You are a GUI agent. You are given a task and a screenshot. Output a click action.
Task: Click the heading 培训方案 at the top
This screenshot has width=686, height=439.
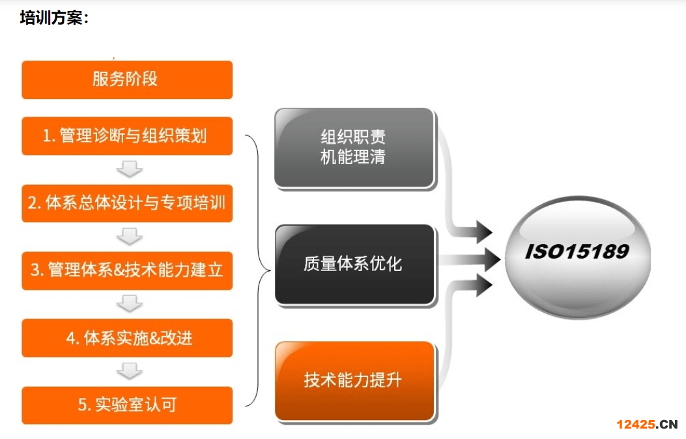coord(54,18)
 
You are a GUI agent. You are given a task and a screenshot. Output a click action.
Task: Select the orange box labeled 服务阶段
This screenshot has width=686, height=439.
coord(127,79)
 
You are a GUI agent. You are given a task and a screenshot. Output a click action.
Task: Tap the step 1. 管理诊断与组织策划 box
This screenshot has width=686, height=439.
coord(127,135)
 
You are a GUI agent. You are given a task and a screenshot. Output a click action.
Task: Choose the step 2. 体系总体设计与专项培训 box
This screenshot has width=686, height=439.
coord(127,203)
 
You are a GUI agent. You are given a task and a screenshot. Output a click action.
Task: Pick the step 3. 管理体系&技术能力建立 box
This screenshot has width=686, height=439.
coord(127,271)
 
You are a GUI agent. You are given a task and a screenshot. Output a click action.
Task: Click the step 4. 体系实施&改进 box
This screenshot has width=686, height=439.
coord(127,338)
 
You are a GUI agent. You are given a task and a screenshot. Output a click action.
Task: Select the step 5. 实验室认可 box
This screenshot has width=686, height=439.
coord(127,405)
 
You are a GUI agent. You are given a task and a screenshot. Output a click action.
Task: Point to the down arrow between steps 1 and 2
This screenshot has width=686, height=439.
coord(130,169)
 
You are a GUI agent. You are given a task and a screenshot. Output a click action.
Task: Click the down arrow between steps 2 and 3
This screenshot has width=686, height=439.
coord(130,236)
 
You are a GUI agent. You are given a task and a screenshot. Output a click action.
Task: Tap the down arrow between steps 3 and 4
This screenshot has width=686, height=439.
coord(130,304)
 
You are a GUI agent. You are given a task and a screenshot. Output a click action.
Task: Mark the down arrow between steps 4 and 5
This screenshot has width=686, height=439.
coord(130,371)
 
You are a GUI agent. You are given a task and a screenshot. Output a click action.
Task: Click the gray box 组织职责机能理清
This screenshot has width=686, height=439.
coord(354,148)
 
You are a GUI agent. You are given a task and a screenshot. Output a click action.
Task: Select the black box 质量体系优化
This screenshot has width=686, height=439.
coord(354,264)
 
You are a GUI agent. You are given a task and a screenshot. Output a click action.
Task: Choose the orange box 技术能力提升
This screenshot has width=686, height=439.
coord(354,380)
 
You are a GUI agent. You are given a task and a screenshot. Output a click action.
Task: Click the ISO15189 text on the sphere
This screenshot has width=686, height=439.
coord(577,251)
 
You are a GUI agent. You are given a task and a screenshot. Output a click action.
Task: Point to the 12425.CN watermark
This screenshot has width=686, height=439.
coord(647,424)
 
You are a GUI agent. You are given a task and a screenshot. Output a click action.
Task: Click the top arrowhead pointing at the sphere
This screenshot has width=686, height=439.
coord(484,232)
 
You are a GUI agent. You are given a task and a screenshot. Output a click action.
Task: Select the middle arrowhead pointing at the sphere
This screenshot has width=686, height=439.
coord(492,259)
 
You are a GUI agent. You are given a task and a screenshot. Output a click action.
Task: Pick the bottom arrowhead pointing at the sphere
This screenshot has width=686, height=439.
coord(484,285)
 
